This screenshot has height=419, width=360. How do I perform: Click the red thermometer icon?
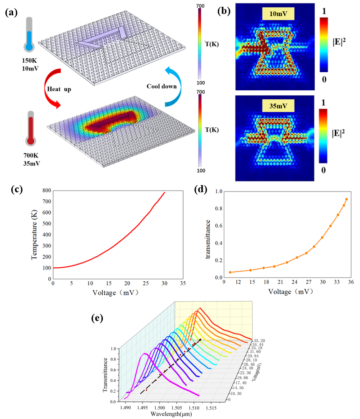pos(30,129)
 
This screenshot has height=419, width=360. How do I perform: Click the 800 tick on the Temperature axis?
pos(46,191)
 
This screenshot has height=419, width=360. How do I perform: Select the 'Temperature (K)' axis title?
pos(34,235)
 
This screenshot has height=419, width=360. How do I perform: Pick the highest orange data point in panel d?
pos(346,200)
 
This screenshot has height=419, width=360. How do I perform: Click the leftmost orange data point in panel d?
pos(230,272)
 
